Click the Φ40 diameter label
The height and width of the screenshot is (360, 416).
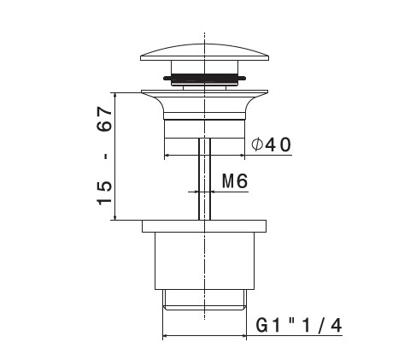tap(271, 145)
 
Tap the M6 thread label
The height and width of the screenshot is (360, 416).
tap(235, 180)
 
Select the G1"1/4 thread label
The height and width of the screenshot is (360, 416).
tap(299, 325)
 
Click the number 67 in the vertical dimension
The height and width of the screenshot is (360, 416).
tap(104, 119)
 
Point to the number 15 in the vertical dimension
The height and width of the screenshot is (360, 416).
tap(104, 192)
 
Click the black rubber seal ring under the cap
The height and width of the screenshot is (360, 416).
tap(204, 78)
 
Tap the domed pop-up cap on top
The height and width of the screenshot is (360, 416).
tap(204, 52)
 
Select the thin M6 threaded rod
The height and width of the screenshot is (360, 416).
tap(204, 179)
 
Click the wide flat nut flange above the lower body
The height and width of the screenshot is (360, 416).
tap(204, 226)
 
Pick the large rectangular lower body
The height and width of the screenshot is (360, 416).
tap(204, 261)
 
